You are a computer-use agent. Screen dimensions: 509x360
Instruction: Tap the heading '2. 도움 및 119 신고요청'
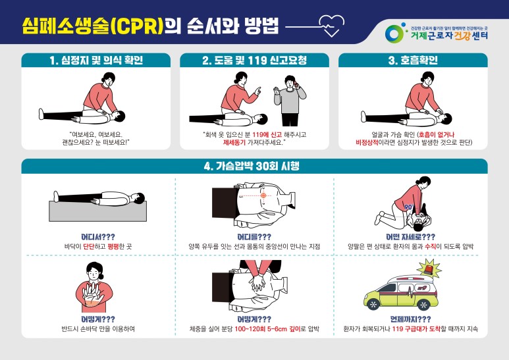point(254,61)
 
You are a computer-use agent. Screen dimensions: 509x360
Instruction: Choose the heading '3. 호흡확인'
point(413,61)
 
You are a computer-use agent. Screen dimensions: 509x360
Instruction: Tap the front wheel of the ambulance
point(375,304)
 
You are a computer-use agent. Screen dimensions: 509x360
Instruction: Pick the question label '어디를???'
point(254,236)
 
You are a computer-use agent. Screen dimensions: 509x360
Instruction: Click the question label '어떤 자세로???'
point(410,236)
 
